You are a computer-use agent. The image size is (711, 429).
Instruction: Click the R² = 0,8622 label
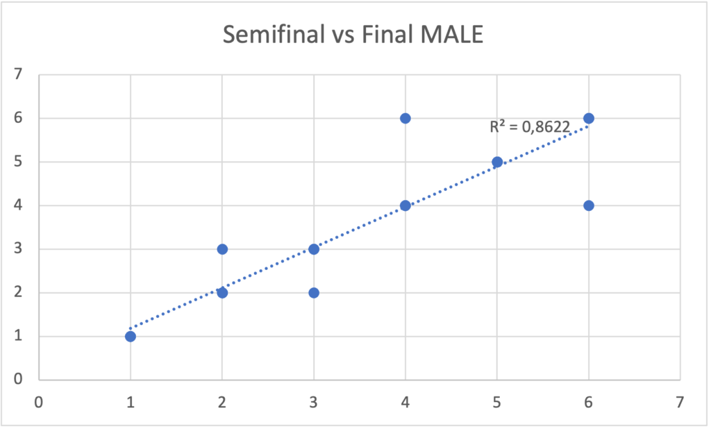(530, 127)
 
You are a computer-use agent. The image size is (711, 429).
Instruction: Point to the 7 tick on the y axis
(18, 74)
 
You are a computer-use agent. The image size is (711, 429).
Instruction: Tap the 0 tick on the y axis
(18, 380)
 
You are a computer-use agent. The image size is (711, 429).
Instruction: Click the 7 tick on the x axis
(680, 403)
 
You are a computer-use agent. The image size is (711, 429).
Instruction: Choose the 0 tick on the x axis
(39, 403)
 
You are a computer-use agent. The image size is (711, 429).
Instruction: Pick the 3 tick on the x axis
(314, 403)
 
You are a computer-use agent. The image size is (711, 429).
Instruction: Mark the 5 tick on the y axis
(18, 162)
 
